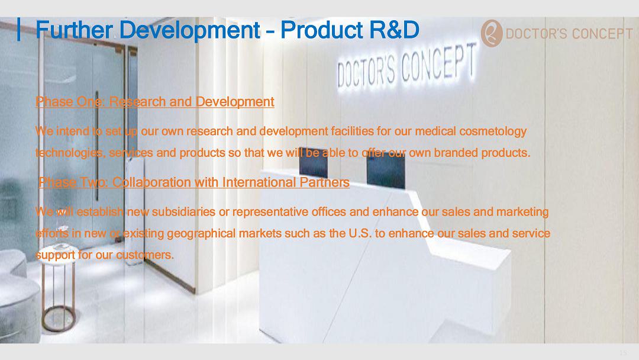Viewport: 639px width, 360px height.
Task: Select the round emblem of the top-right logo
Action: (492, 33)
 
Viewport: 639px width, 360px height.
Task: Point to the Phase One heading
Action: (155, 101)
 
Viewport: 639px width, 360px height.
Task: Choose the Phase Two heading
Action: (194, 182)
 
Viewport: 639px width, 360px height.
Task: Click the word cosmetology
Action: (493, 131)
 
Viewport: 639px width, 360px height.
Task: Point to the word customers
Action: (145, 255)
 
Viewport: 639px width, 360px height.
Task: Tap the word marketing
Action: (522, 213)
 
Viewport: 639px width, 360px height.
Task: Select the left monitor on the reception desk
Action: (314, 162)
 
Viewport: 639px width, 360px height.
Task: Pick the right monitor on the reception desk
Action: (386, 171)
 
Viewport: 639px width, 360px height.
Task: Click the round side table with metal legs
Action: (60, 287)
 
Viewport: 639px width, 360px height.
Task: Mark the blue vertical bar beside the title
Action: (19, 30)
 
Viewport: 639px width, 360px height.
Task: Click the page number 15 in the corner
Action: (622, 353)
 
